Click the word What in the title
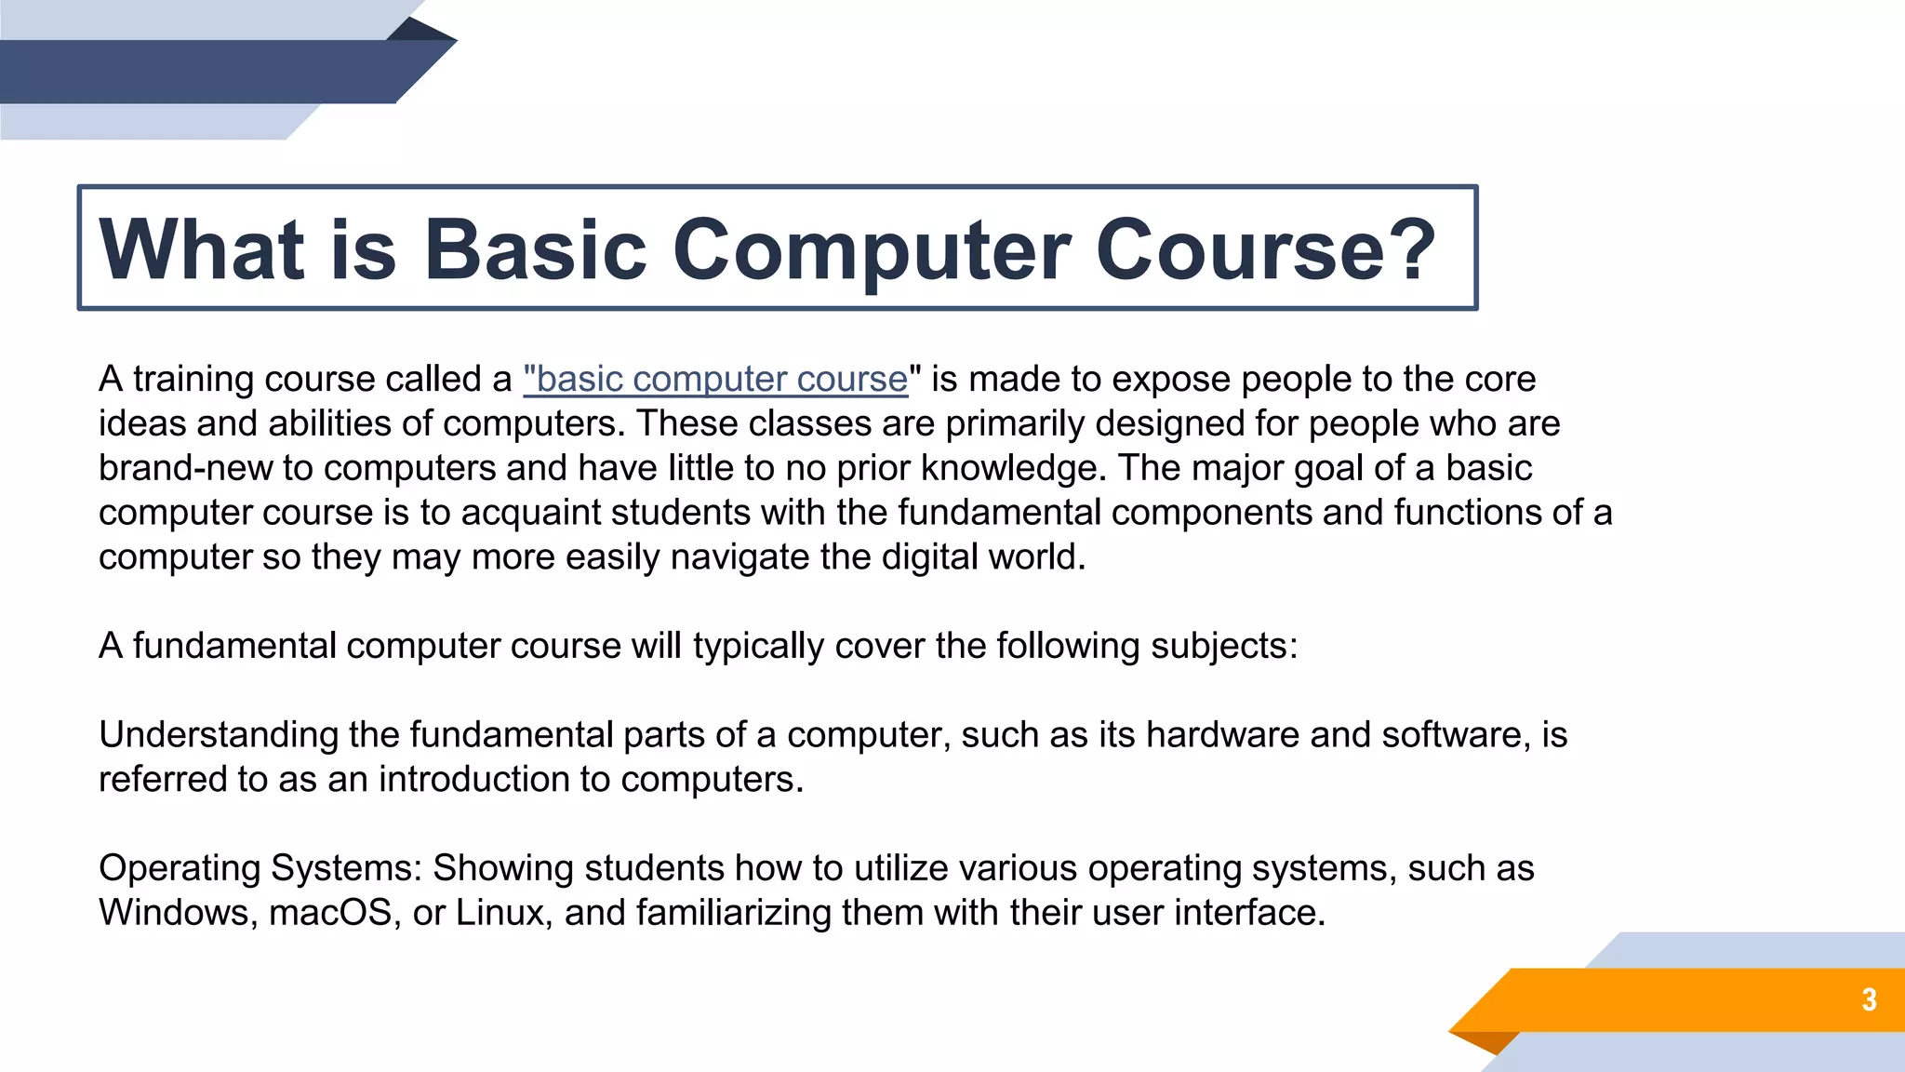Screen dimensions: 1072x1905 tap(201, 248)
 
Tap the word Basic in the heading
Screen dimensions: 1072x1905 tap(535, 248)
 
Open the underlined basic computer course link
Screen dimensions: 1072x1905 tap(715, 380)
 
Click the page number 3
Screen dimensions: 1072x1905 tap(1869, 999)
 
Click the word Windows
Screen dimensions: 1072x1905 tap(178, 913)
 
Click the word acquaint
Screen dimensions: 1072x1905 tap(530, 513)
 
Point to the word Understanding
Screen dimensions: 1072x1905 tap(219, 735)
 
